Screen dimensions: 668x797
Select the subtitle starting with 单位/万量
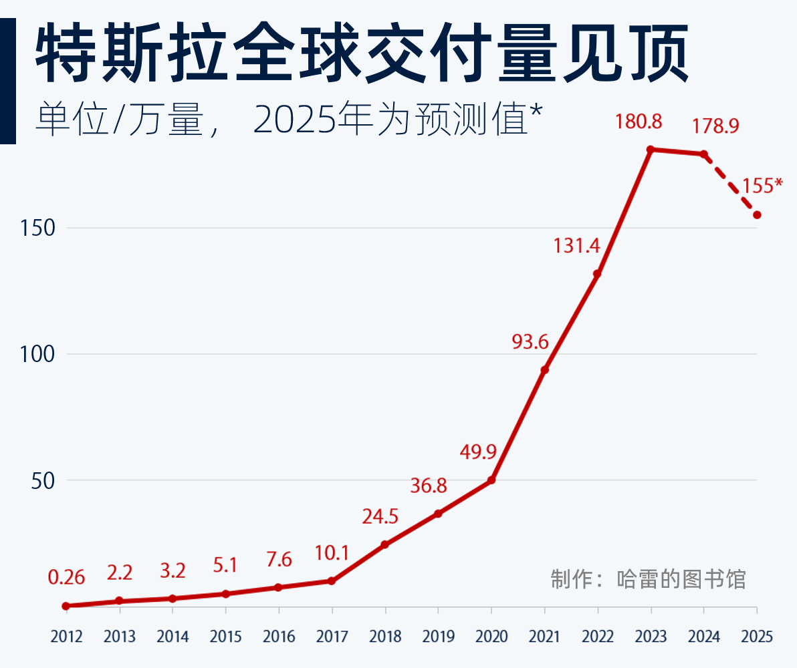click(x=288, y=120)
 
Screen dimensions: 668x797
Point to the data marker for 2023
click(x=651, y=149)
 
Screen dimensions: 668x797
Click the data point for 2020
click(x=491, y=480)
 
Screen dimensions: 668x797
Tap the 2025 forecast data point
click(x=757, y=215)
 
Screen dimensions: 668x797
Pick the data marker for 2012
click(x=66, y=606)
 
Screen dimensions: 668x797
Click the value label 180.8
click(x=639, y=122)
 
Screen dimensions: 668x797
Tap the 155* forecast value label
click(x=762, y=186)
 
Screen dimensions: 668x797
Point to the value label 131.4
click(x=576, y=246)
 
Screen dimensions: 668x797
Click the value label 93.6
click(x=530, y=342)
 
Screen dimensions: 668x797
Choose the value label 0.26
click(x=66, y=577)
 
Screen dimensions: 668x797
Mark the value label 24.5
click(x=380, y=516)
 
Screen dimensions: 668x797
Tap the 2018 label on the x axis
click(x=385, y=637)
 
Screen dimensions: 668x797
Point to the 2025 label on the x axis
click(x=757, y=637)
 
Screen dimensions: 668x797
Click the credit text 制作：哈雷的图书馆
click(x=648, y=579)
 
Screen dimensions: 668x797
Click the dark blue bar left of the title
click(x=7, y=80)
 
